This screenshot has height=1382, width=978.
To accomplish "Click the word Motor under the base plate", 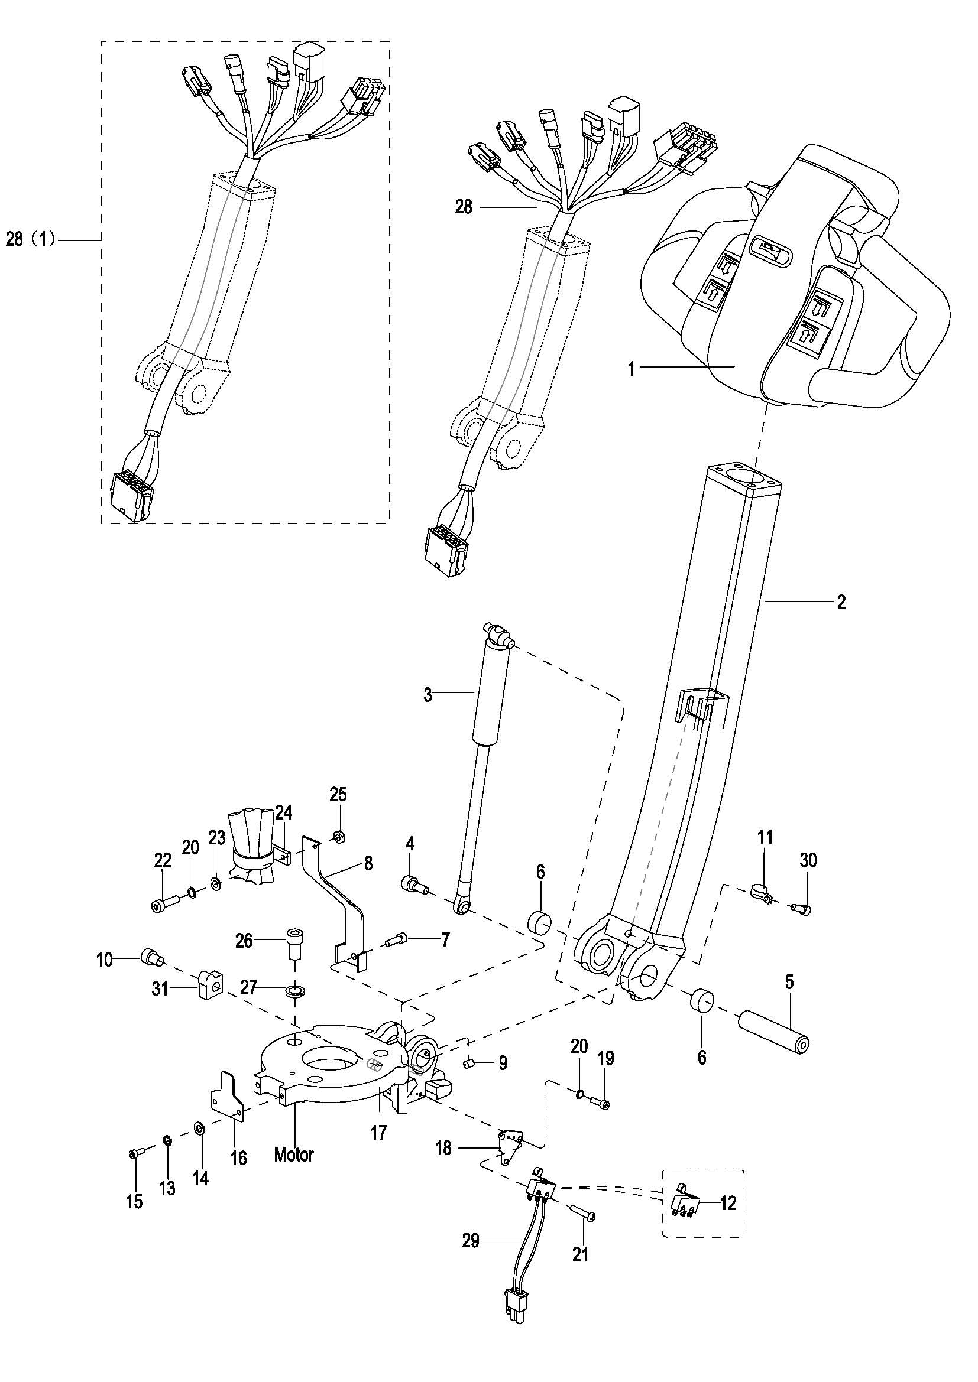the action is point(294,1155).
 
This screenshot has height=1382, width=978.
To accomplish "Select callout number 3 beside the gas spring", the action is point(428,695).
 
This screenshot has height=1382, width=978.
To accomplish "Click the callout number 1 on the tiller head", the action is point(631,368).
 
